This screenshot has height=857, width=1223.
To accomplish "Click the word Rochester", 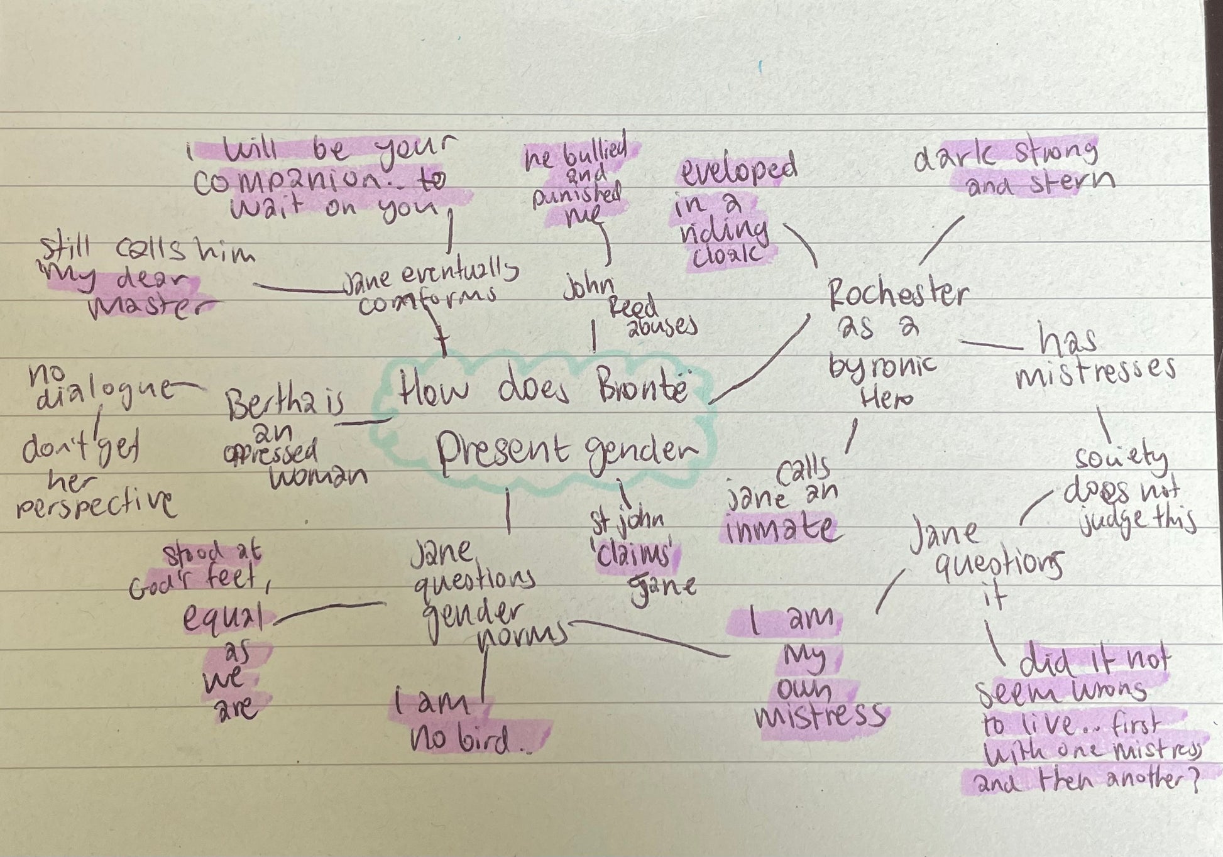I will click(897, 293).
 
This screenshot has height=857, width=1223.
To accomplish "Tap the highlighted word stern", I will click(1074, 182).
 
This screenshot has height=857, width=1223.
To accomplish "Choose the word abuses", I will click(662, 327).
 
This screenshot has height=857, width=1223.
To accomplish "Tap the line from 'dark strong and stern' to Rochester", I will click(941, 241).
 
